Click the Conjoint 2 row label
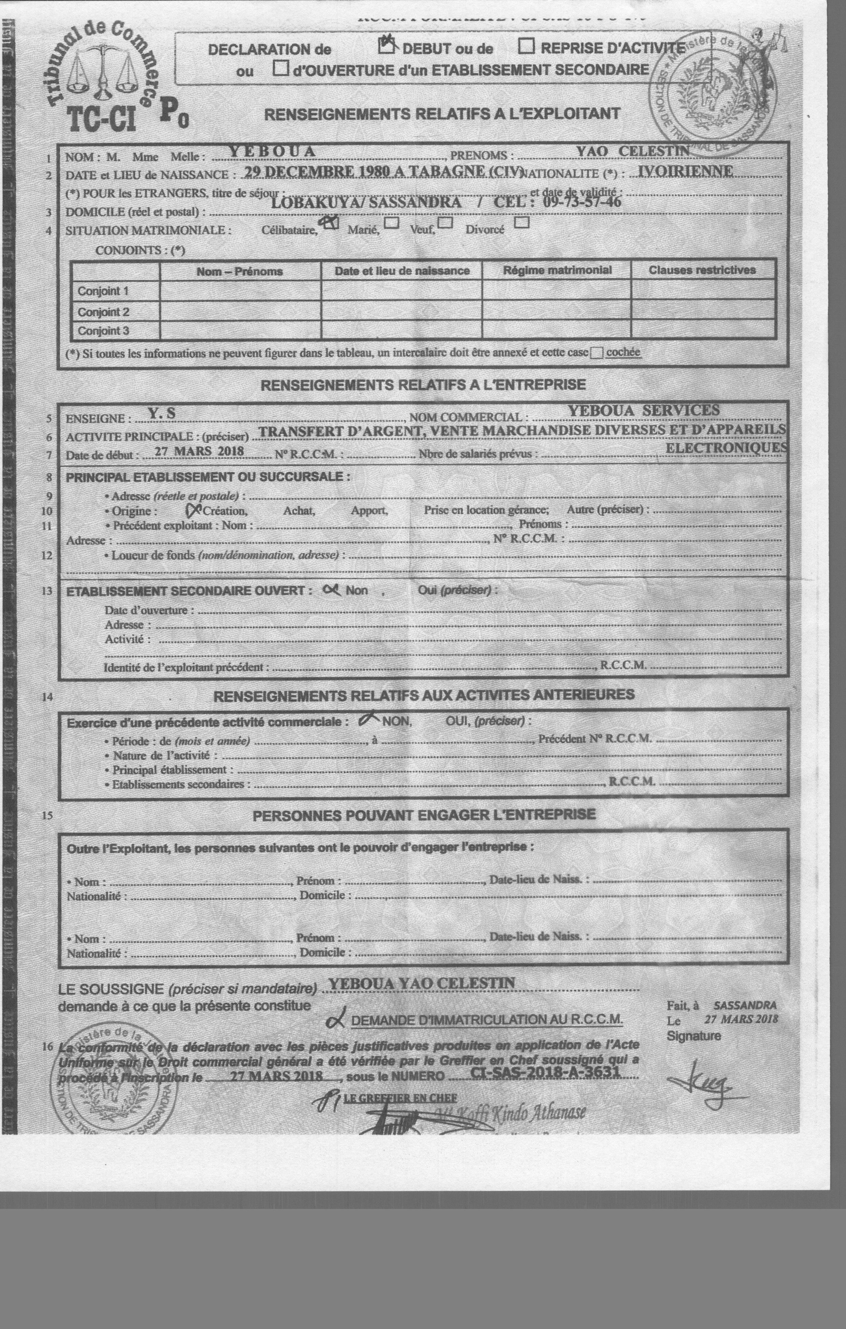click(x=103, y=312)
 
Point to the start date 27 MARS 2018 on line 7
click(x=199, y=451)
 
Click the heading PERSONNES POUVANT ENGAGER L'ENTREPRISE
click(x=424, y=815)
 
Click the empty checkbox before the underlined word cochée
click(x=596, y=354)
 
